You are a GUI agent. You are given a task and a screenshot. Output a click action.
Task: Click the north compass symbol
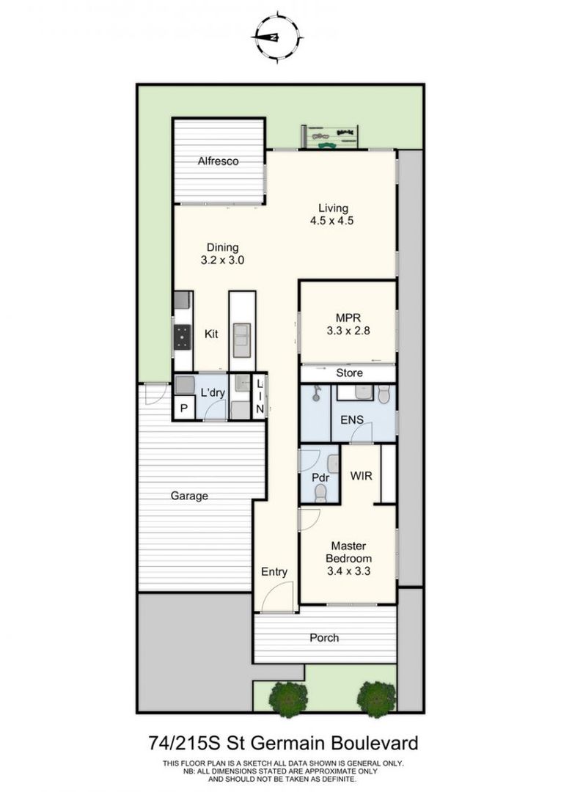coord(277,37)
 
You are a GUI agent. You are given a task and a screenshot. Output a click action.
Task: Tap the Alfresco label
coord(218,161)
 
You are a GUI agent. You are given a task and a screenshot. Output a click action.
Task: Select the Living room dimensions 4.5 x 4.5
coord(331,221)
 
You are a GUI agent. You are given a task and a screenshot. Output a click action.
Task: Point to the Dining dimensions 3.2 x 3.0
coord(222,260)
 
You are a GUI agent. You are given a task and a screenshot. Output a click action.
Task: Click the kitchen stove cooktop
coord(183,337)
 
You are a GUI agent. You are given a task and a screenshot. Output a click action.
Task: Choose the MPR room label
coord(348,318)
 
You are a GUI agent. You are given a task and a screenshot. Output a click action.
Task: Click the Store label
coord(349,373)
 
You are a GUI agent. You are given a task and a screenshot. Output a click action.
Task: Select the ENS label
coord(352,419)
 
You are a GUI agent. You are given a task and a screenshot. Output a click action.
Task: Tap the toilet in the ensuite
coord(384,395)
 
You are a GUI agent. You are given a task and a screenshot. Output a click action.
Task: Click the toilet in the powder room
coord(320,493)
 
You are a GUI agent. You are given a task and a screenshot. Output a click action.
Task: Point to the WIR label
coord(362,475)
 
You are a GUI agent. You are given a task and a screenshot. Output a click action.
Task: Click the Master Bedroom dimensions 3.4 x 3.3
coord(349,571)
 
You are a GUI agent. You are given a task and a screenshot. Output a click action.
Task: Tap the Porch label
coord(324,638)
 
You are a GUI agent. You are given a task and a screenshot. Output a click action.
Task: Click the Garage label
coord(189,496)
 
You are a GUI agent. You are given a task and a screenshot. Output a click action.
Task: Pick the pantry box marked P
coord(184,408)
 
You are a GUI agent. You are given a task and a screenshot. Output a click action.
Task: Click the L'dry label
coord(213,392)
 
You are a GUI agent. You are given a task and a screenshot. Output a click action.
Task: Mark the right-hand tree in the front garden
coord(376,699)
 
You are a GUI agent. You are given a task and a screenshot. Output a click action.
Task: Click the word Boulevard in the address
coord(374,744)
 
